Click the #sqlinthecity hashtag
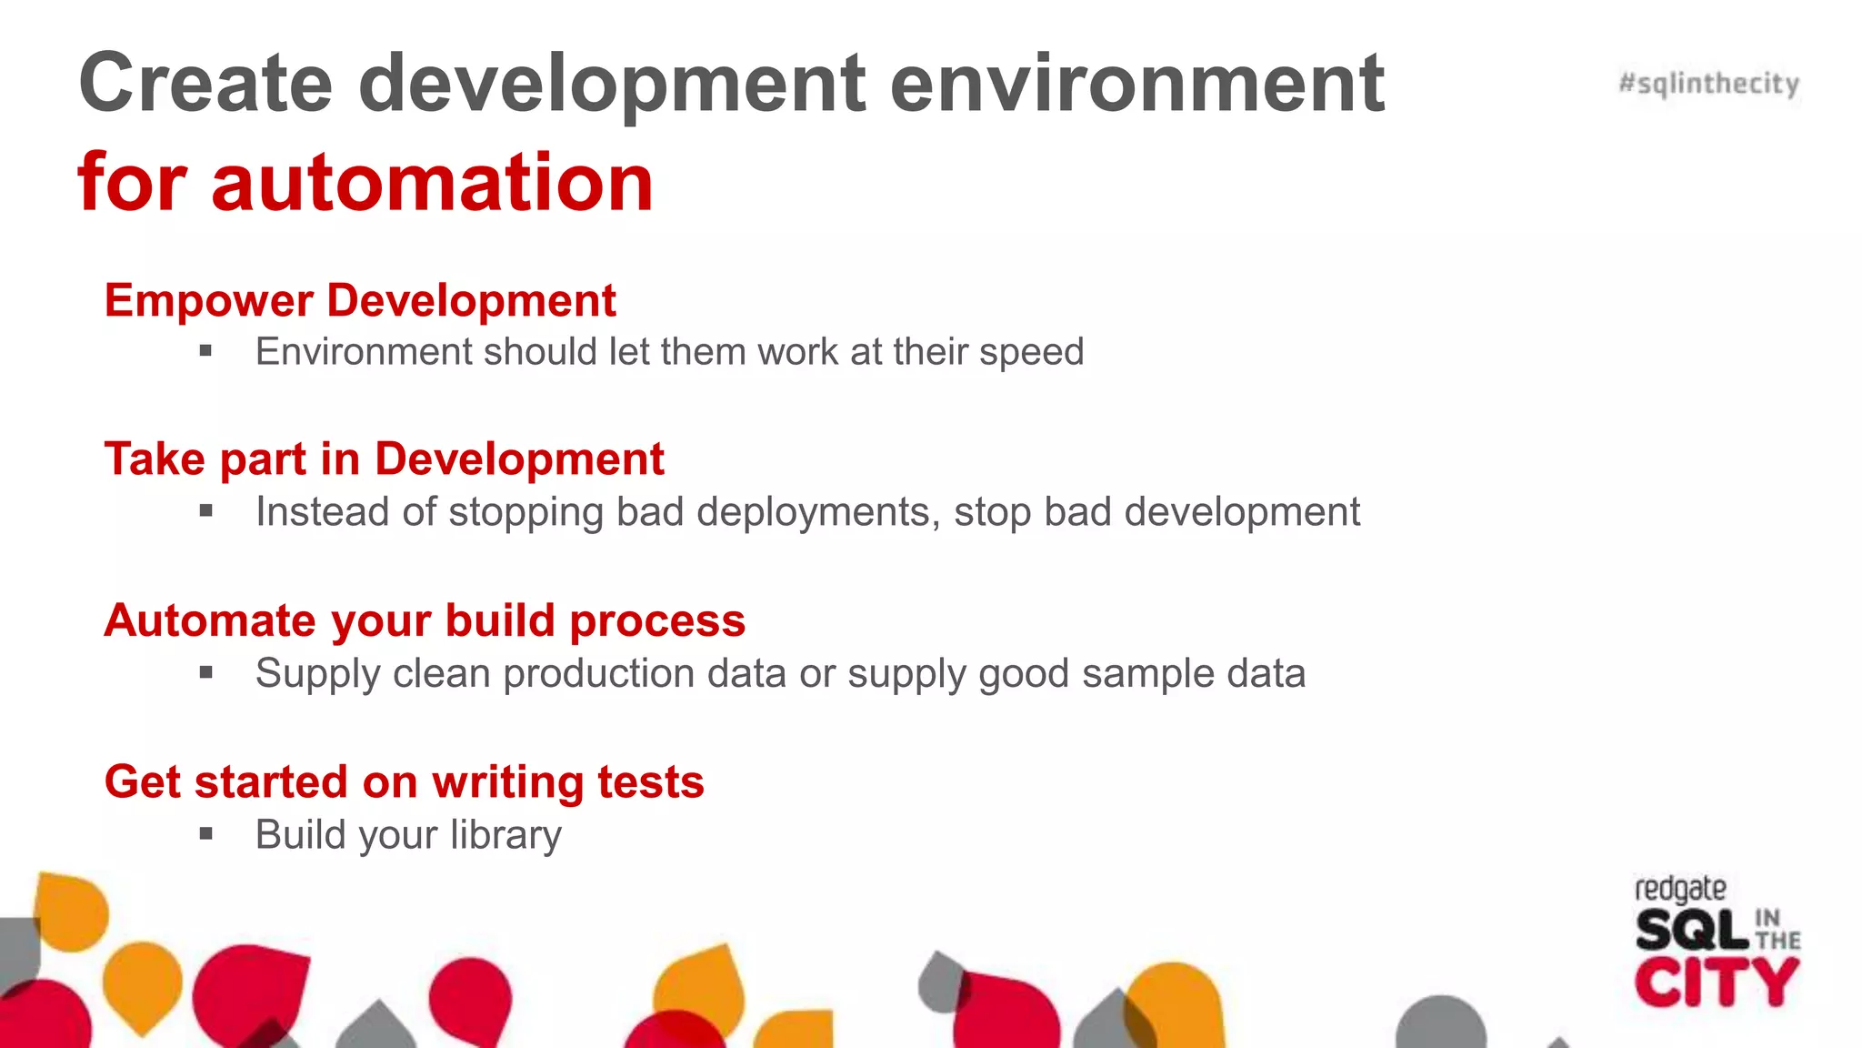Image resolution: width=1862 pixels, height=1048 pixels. [x=1708, y=84]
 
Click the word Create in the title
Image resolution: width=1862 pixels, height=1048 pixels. [x=205, y=84]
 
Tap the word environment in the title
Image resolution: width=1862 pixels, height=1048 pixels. [x=1136, y=84]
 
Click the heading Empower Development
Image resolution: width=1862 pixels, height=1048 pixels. [x=360, y=300]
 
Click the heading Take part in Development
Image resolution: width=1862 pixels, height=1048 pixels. [x=384, y=458]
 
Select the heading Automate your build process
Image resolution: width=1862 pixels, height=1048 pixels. [x=425, y=620]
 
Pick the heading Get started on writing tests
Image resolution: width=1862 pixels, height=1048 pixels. [x=404, y=781]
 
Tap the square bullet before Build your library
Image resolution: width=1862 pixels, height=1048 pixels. [x=206, y=833]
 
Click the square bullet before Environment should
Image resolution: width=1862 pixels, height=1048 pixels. [x=206, y=350]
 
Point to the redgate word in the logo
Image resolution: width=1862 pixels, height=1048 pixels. [x=1679, y=889]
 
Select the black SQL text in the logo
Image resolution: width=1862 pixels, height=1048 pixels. [x=1691, y=931]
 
